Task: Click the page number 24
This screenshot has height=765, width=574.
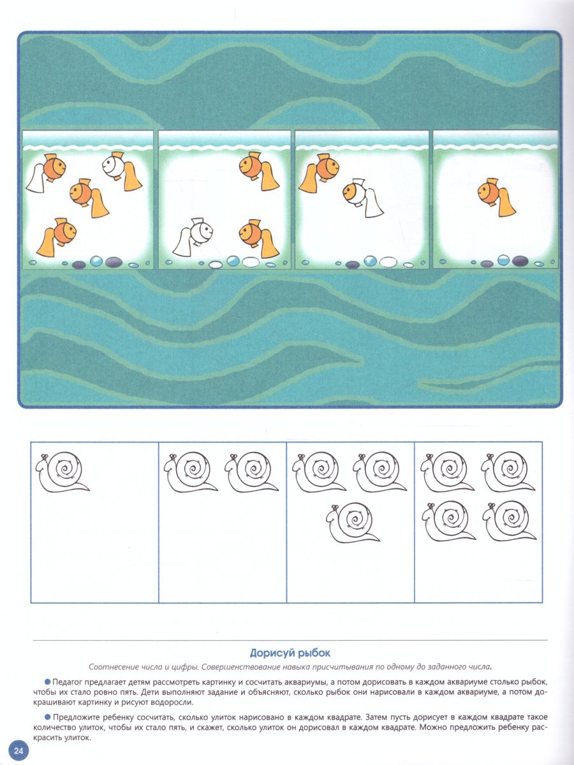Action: pyautogui.click(x=18, y=750)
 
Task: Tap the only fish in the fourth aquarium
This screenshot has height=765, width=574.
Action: pyautogui.click(x=496, y=197)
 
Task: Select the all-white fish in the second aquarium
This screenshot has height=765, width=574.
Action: pyautogui.click(x=193, y=237)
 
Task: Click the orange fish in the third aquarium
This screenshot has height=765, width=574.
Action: pyautogui.click(x=318, y=173)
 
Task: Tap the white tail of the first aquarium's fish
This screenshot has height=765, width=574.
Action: pyautogui.click(x=36, y=178)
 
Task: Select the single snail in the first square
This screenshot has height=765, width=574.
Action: pyautogui.click(x=62, y=473)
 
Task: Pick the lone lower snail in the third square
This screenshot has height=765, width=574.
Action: pyautogui.click(x=353, y=523)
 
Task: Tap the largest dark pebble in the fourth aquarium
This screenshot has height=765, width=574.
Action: pyautogui.click(x=520, y=260)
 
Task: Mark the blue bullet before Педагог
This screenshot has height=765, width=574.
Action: pyautogui.click(x=47, y=681)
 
